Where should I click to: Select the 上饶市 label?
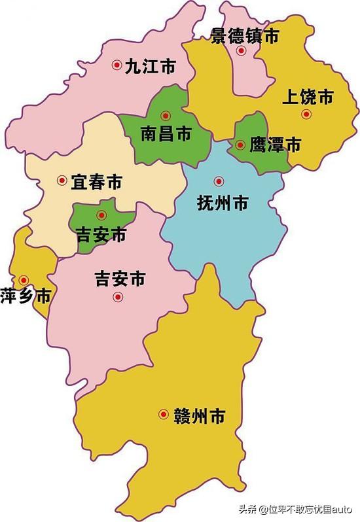[308, 98]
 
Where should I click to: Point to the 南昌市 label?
[166, 134]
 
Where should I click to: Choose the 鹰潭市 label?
[275, 145]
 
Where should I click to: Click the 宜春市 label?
[96, 181]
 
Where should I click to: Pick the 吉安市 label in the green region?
[101, 234]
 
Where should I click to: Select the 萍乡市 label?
[26, 296]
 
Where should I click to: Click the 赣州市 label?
[200, 415]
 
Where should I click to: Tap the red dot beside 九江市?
[117, 65]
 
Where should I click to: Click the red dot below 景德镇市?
[242, 50]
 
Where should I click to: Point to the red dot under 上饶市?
[306, 114]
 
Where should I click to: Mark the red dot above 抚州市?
[218, 181]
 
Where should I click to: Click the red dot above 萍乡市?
[24, 279]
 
